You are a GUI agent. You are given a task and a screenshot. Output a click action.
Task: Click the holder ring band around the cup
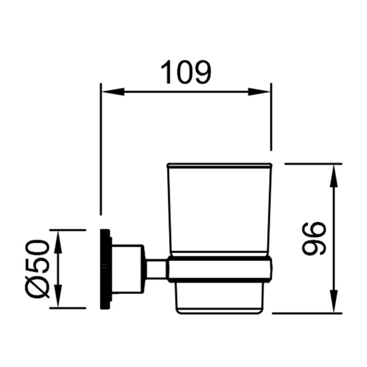(220, 268)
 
